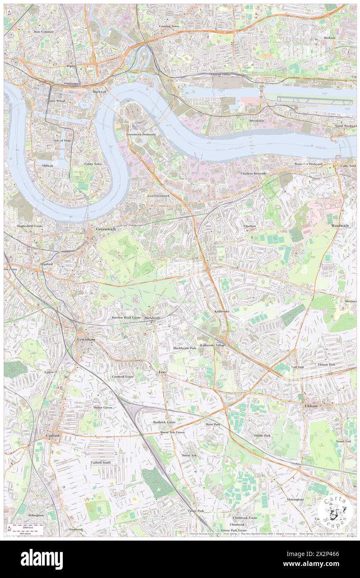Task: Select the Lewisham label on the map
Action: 86,340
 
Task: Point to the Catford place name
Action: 53,435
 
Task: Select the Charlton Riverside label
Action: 253,173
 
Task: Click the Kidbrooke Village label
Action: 212,345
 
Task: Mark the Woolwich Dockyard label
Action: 308,164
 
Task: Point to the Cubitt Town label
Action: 92,164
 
